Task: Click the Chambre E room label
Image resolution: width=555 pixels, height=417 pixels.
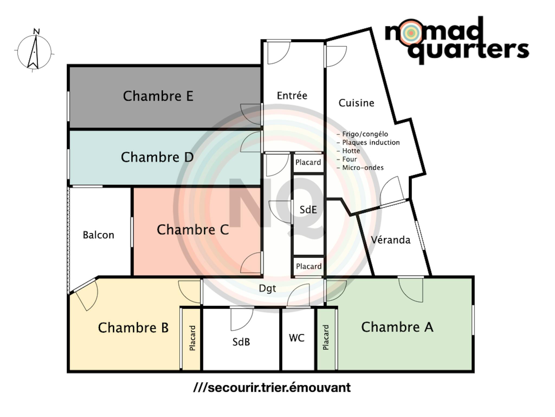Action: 158,96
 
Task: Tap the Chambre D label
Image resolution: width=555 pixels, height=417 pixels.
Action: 157,157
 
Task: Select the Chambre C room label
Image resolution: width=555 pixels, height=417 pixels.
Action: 193,230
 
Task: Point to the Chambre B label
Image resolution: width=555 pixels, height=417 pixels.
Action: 133,328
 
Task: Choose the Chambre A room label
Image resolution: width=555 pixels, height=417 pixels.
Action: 397,327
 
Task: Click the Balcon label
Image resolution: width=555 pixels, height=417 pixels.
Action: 98,235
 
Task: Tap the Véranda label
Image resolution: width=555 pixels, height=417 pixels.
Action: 391,240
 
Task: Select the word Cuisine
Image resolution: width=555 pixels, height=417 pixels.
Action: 356,103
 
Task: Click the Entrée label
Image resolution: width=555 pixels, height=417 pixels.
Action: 292,96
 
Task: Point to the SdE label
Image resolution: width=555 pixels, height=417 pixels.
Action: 308,210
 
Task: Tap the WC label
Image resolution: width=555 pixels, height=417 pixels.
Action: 296,338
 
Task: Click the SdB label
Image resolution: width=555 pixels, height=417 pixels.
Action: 241,342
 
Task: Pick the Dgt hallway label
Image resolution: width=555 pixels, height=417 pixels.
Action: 267,288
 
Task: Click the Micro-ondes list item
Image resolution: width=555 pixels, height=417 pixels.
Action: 363,168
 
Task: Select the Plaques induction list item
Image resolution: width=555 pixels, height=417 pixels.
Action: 370,143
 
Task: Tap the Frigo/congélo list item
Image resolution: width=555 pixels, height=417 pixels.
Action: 365,134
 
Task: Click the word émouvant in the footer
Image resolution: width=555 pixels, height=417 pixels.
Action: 320,388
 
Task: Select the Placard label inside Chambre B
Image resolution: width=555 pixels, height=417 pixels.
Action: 192,338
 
